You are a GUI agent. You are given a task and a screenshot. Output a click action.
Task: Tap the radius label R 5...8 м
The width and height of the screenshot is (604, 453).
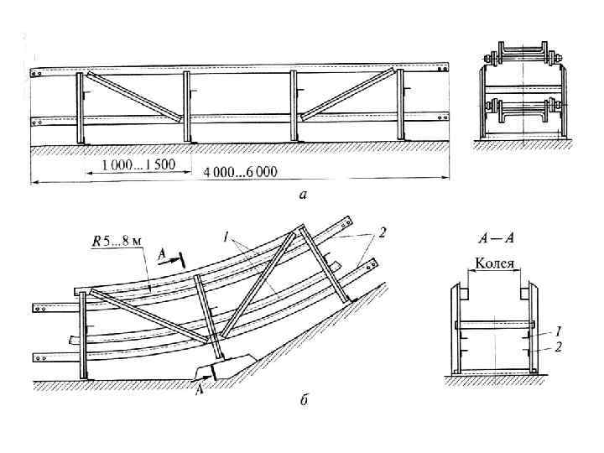coord(117,242)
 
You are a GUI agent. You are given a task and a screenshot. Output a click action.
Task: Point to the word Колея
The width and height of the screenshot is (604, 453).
coord(495,263)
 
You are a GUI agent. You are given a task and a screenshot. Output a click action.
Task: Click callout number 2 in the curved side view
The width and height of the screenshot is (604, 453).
coord(381,235)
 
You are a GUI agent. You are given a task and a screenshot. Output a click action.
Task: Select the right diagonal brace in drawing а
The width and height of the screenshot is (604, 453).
coord(346,94)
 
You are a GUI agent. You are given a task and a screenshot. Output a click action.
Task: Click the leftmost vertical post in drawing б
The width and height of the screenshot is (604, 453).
coord(82,336)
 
